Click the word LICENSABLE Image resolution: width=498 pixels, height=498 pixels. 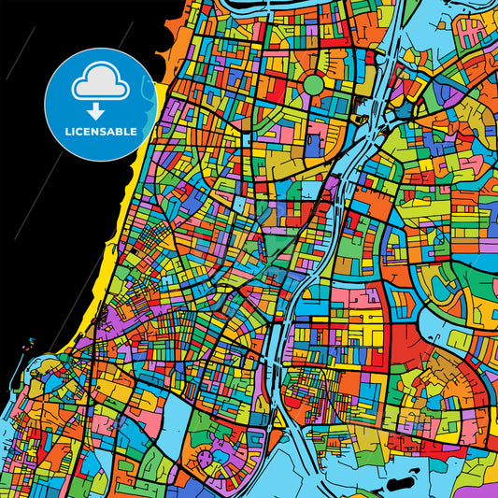click(x=100, y=133)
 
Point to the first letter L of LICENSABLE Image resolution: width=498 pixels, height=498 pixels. click(x=67, y=133)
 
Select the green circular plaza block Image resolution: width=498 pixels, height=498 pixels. click(x=313, y=85)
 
